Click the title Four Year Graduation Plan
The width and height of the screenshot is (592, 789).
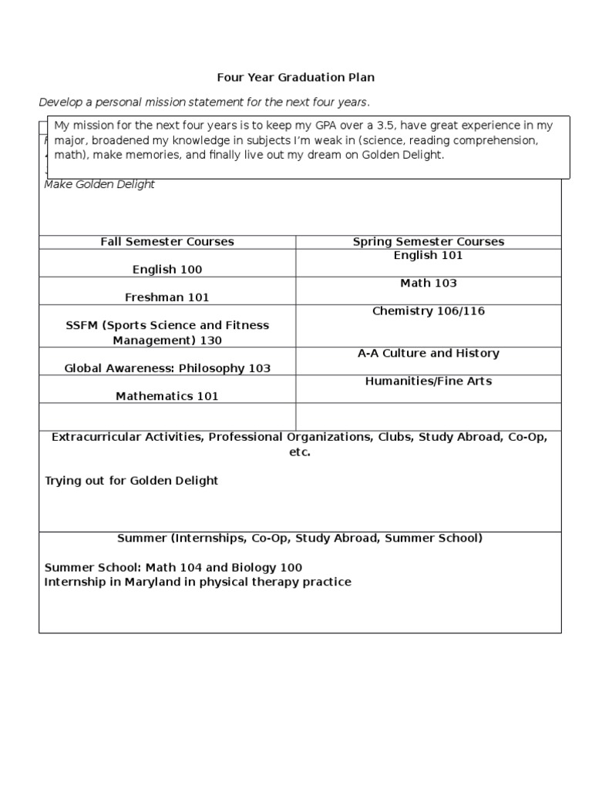[x=295, y=78]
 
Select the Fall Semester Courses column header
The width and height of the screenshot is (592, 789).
[x=167, y=242]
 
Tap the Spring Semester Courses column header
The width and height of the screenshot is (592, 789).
[x=429, y=242]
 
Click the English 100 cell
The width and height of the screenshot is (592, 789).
[x=167, y=270]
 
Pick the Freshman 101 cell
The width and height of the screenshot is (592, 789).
[x=167, y=297]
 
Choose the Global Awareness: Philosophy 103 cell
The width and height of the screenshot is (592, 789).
[x=167, y=368]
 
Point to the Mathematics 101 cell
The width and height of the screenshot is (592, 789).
[x=167, y=396]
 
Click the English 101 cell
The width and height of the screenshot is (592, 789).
[x=429, y=256]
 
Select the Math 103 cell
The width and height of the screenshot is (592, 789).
[x=429, y=284]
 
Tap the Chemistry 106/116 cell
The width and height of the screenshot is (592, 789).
[x=429, y=311]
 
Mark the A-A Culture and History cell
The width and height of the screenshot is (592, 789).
[x=429, y=354]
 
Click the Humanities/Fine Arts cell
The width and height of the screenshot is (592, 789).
[x=429, y=381]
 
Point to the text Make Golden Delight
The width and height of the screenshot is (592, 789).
[x=99, y=185]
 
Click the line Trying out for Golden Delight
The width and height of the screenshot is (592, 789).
[x=131, y=481]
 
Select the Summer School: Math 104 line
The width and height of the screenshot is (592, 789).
[x=173, y=568]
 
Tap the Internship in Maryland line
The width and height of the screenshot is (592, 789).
[x=197, y=582]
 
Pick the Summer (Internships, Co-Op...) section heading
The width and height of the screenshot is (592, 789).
[x=300, y=538]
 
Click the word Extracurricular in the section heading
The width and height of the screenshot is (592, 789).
[x=89, y=437]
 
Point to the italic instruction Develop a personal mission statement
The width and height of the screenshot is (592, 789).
[x=204, y=102]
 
